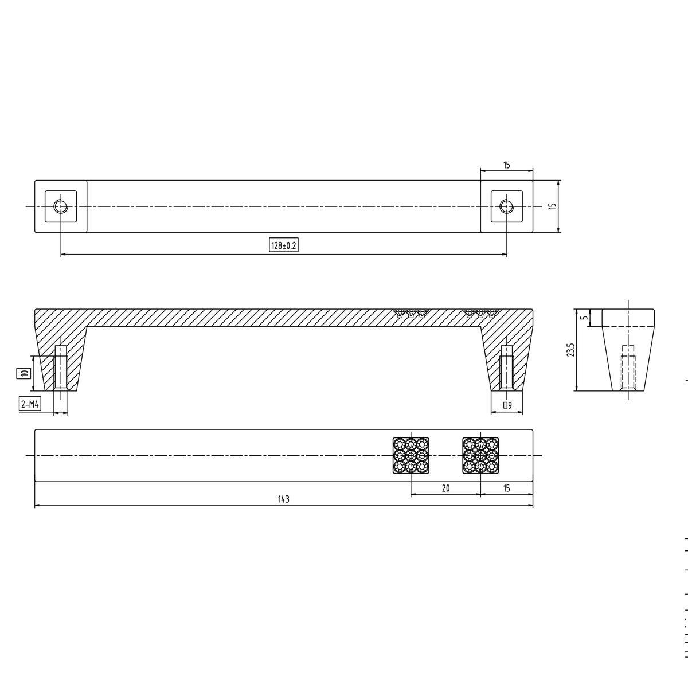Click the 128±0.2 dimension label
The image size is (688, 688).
coord(283,245)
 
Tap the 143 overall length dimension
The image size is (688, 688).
coord(283,499)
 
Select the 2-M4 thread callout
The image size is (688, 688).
coord(30,404)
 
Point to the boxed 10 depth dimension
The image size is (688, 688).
coord(24,373)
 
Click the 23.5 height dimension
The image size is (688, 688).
coord(570,350)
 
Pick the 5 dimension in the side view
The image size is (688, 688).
coord(584,318)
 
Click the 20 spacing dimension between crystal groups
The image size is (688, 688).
coord(445,488)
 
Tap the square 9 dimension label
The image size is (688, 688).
coord(507,405)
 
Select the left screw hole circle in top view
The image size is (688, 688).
coord(61,206)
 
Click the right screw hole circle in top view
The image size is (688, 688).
coord(506,206)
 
